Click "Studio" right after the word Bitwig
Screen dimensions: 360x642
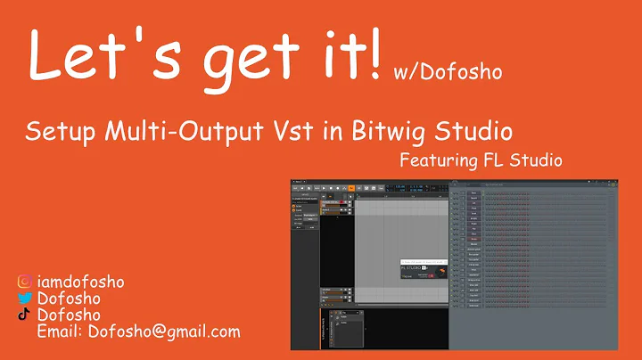473,134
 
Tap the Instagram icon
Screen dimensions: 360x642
25,282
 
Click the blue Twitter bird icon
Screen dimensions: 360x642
25,299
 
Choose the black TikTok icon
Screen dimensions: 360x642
25,315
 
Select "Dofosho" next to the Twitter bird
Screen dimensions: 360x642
68,299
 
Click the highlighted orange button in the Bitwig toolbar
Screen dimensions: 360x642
351,188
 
